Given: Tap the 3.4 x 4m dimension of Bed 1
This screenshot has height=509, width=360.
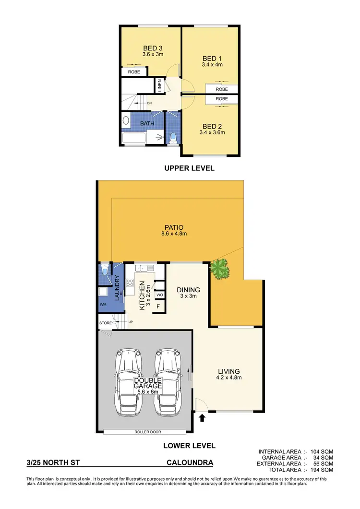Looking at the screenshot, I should [x=212, y=64].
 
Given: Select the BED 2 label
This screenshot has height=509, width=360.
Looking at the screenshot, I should [x=212, y=127].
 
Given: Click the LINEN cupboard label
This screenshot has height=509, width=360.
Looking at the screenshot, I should [x=160, y=86].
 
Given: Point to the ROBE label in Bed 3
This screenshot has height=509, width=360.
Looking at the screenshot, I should [x=134, y=72].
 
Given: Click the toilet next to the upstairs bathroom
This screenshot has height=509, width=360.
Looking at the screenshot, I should [x=173, y=138].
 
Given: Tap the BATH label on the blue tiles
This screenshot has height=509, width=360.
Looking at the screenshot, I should [x=147, y=124].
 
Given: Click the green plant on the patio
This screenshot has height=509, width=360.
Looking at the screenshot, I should [x=220, y=269].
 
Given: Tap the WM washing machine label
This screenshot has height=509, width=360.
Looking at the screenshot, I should [x=103, y=305].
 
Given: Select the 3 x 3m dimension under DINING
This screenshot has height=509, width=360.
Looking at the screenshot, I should [x=188, y=296].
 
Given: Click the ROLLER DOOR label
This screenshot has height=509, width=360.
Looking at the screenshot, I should [x=148, y=431].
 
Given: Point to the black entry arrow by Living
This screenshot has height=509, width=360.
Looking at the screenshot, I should [x=202, y=418].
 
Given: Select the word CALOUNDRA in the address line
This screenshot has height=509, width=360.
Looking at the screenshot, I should [x=189, y=463].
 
